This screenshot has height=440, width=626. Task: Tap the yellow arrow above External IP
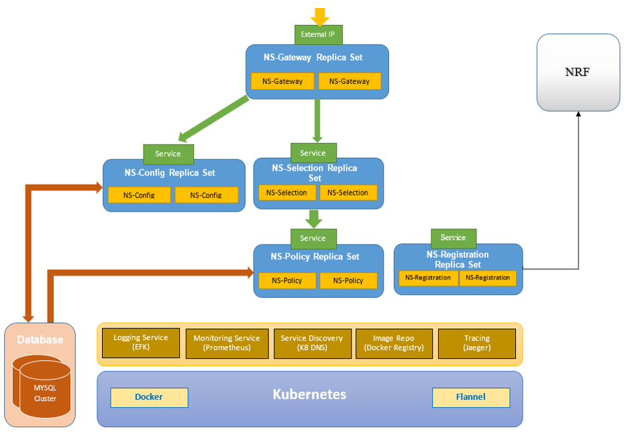pos(319,16)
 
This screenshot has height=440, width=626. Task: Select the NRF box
pos(578,73)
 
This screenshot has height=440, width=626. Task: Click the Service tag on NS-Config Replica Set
pos(168,154)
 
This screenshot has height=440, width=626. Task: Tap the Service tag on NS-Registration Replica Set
pos(453,238)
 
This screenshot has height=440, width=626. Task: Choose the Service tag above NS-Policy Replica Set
pos(313,238)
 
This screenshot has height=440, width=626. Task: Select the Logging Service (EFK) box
pos(141,343)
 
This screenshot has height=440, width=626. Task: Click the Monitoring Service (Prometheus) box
pos(227,343)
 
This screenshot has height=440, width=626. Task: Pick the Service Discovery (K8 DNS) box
pos(312,343)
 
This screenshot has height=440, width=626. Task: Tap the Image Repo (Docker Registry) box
pos(394,343)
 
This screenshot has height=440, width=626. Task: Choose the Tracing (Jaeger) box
pos(476,343)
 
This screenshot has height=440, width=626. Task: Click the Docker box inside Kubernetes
pos(149,397)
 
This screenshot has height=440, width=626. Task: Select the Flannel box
pos(470,397)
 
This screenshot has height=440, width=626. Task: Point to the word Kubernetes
pos(309,394)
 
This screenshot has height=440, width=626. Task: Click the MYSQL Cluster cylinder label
pos(46,394)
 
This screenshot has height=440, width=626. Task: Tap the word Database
pos(40,340)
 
